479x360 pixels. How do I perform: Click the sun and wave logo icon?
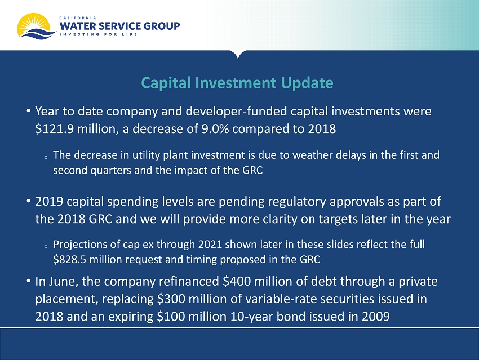(x=37, y=26)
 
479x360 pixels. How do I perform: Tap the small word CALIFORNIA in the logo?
(x=78, y=18)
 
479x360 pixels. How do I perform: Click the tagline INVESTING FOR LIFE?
(x=98, y=34)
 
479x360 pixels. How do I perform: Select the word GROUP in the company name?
(x=162, y=26)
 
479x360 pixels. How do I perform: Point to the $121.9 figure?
(x=54, y=129)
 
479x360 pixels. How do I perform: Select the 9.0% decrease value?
(x=215, y=129)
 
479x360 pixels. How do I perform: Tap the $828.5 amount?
(x=70, y=260)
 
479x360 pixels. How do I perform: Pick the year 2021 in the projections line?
(x=210, y=245)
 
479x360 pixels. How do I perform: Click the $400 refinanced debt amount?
(x=237, y=281)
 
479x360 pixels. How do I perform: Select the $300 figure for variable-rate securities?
(x=171, y=299)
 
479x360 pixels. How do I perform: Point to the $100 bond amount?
(x=171, y=316)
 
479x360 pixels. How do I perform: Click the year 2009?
(x=376, y=316)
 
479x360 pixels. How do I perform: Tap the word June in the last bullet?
(x=63, y=281)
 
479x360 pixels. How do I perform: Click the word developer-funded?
(x=236, y=112)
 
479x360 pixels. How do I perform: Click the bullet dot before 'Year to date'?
(x=28, y=110)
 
